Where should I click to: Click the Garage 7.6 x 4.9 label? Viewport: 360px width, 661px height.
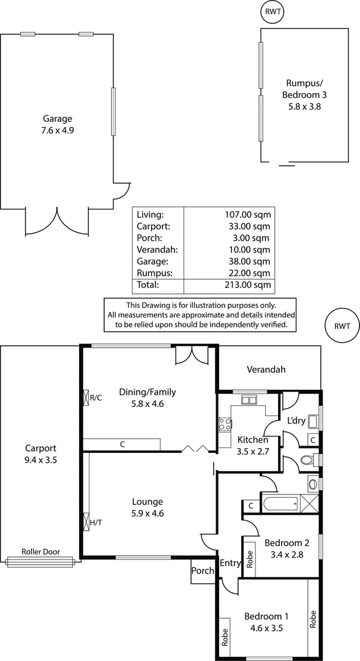click(x=58, y=124)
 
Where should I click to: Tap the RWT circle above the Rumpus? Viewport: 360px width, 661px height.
click(x=272, y=11)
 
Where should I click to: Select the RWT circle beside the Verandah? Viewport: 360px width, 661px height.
click(x=343, y=326)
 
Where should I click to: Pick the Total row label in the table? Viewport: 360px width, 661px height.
click(x=148, y=285)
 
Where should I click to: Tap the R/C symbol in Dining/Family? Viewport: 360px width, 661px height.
click(x=86, y=398)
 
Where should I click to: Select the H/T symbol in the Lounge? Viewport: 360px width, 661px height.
click(x=86, y=523)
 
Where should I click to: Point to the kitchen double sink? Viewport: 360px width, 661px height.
click(x=249, y=401)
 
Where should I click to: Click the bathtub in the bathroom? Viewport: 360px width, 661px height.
click(x=279, y=504)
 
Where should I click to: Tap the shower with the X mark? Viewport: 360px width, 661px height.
click(x=309, y=504)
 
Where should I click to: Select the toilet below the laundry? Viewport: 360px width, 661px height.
click(x=309, y=460)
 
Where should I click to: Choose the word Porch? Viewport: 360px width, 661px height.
click(x=203, y=571)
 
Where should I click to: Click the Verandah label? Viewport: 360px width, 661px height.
click(x=266, y=370)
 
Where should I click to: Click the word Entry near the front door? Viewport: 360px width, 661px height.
click(x=231, y=564)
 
